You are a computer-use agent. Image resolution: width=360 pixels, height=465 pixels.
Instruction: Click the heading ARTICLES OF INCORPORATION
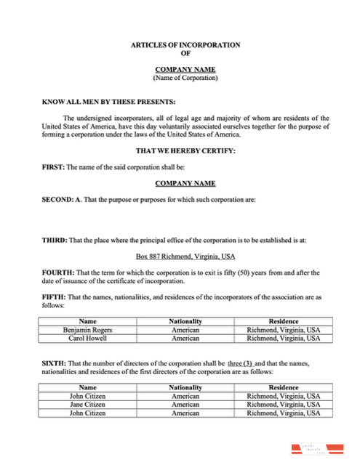click(x=185, y=45)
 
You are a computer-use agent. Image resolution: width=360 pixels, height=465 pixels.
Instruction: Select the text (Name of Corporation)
click(x=185, y=77)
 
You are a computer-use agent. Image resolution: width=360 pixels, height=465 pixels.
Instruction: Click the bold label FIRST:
click(x=54, y=167)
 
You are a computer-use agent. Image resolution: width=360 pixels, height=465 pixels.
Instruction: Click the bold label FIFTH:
click(x=55, y=296)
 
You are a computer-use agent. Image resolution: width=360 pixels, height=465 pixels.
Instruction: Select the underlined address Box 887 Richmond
click(x=185, y=256)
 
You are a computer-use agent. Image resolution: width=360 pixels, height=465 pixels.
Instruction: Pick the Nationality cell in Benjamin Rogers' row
click(x=185, y=330)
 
